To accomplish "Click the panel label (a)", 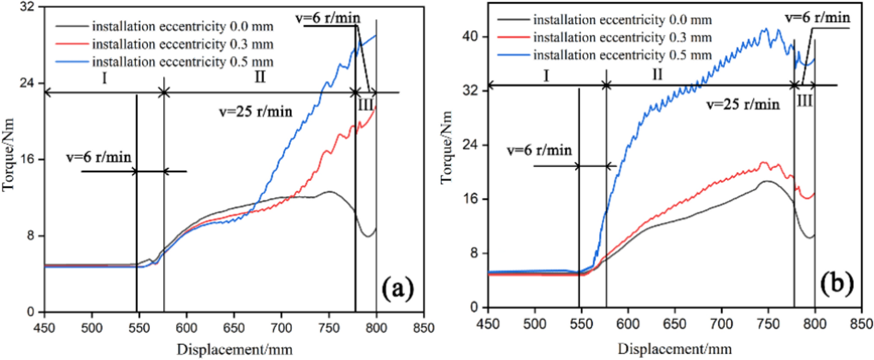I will [x=398, y=289].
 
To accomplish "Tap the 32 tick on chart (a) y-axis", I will [x=27, y=7].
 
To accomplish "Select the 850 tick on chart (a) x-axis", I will [x=423, y=328].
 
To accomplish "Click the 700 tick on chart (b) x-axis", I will [x=721, y=324].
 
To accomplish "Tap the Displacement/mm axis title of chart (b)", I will [x=675, y=349].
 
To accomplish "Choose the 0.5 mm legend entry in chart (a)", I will [x=182, y=62].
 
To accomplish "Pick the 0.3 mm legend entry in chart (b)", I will [x=622, y=38].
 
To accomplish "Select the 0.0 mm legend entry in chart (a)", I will [x=182, y=27].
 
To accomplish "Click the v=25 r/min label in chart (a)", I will [x=255, y=112].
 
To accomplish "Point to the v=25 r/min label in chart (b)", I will [x=743, y=105].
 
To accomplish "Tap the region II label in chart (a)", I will [x=260, y=77].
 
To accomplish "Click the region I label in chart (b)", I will [x=546, y=76].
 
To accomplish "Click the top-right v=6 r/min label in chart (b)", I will [x=818, y=18].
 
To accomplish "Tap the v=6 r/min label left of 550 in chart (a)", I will [x=99, y=157].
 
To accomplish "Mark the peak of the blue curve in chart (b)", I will [x=766, y=29].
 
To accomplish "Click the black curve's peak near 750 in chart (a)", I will [x=329, y=192].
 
